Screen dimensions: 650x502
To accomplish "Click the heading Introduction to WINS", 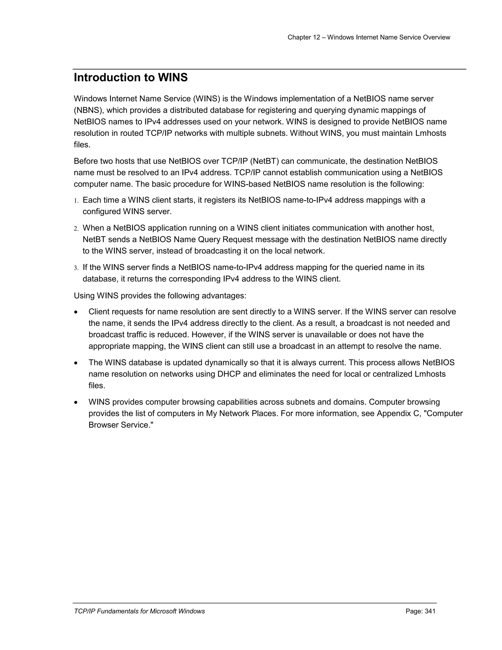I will (x=131, y=78).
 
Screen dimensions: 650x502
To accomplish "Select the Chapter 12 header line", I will (x=368, y=38).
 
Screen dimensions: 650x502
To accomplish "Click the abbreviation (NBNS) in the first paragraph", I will (x=88, y=110).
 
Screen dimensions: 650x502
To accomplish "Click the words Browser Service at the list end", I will (x=120, y=425).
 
